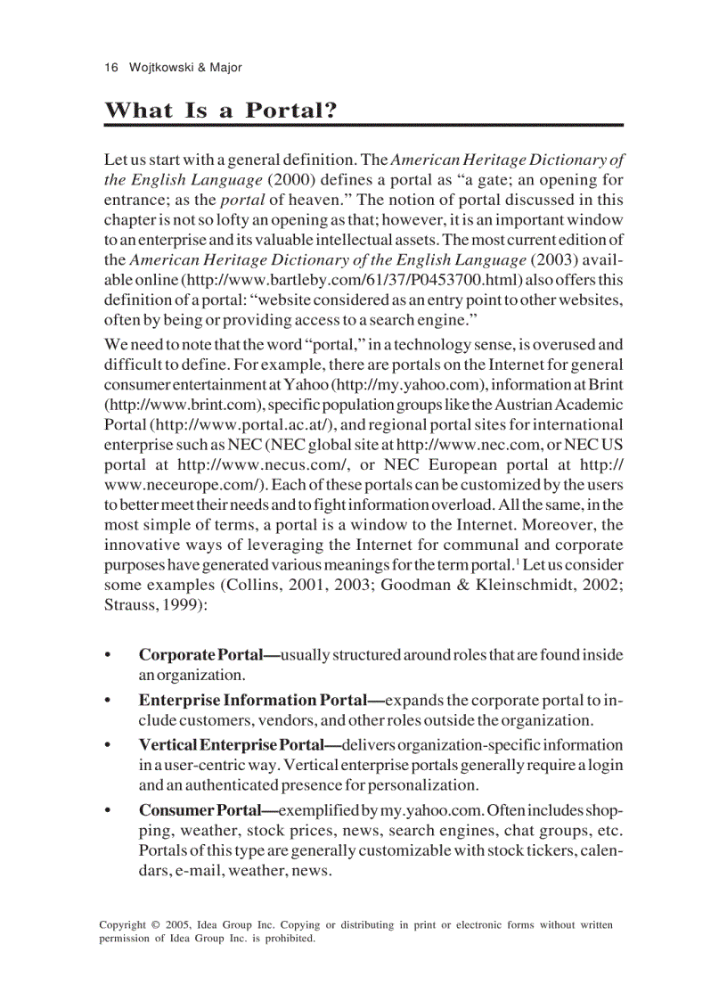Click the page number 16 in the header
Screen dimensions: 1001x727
[110, 68]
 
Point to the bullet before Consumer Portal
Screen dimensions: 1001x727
[109, 810]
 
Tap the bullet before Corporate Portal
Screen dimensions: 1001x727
[109, 655]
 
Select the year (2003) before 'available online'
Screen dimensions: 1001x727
[555, 260]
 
